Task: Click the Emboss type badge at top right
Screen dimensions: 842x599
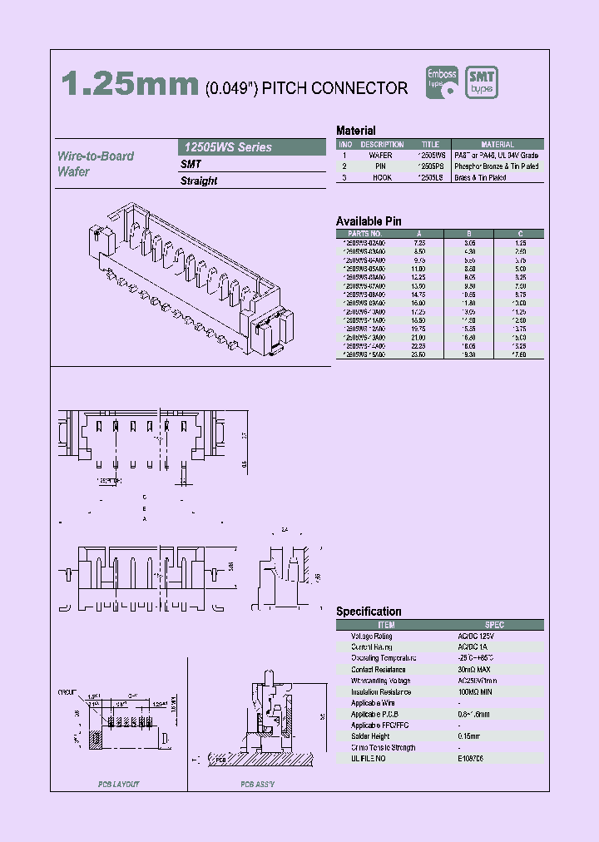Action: (442, 83)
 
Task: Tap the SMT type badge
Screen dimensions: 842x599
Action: (482, 83)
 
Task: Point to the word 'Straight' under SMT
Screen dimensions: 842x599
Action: (199, 181)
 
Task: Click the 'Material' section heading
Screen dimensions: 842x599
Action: (355, 131)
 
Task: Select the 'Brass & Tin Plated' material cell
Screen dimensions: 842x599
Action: (498, 177)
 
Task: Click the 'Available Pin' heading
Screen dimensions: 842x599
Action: (369, 220)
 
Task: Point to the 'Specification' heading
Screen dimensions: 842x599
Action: (369, 612)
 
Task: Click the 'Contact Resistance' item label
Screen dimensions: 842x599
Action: (379, 669)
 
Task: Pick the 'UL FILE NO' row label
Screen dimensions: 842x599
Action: (371, 759)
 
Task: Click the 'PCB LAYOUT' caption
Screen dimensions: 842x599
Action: (119, 785)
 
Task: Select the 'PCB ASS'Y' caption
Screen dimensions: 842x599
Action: (258, 785)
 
